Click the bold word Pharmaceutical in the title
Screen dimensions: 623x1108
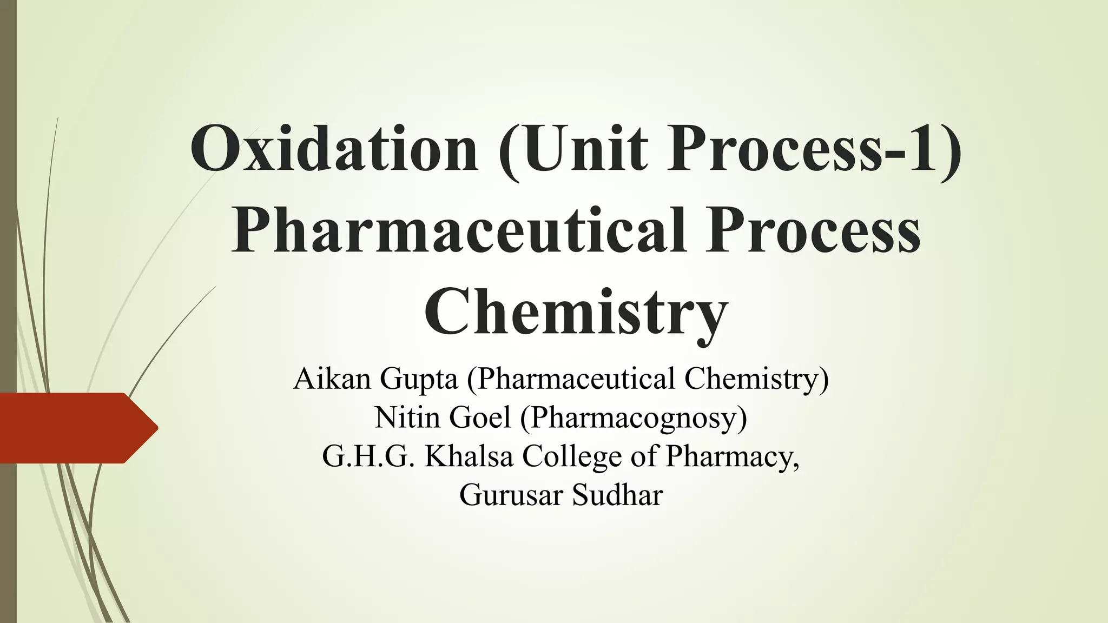(459, 231)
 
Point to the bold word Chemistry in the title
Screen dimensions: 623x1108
(576, 314)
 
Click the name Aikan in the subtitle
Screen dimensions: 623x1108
(332, 379)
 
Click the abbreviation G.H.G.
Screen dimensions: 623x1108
(368, 456)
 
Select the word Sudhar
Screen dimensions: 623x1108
(617, 495)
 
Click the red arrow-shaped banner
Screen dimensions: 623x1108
(70, 428)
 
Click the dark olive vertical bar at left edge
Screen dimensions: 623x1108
(8, 216)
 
